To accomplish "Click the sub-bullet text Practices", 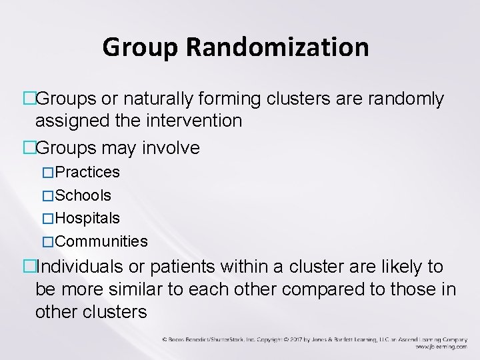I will tap(87, 173).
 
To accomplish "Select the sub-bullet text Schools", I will tap(83, 196).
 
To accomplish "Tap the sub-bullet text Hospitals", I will tap(87, 218).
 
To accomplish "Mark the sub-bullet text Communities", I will tap(101, 241).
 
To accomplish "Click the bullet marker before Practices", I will tap(47, 173).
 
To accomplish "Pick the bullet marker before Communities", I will tap(47, 241).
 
